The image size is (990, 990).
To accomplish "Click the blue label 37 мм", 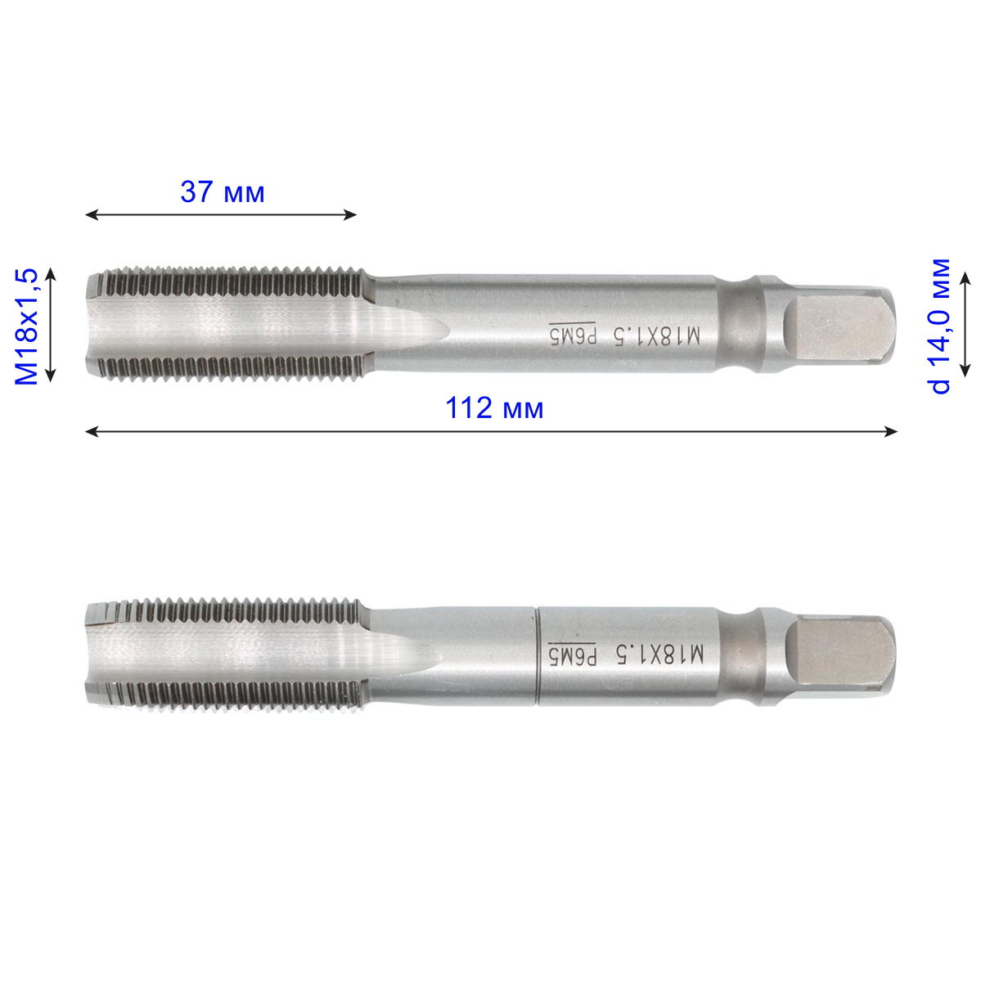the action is (223, 192).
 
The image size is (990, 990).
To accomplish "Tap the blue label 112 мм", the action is (493, 408).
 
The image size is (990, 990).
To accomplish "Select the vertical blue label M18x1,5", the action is (26, 326).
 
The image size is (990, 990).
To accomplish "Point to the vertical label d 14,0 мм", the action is (940, 326).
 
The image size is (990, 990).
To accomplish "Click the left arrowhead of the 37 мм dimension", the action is (92, 214).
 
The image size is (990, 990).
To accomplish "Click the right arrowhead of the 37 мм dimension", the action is (350, 214).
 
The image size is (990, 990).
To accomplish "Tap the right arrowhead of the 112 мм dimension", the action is (890, 431).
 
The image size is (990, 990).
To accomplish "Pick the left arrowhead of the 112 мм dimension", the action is (92, 431).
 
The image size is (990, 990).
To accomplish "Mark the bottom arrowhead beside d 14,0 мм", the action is (965, 370).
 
